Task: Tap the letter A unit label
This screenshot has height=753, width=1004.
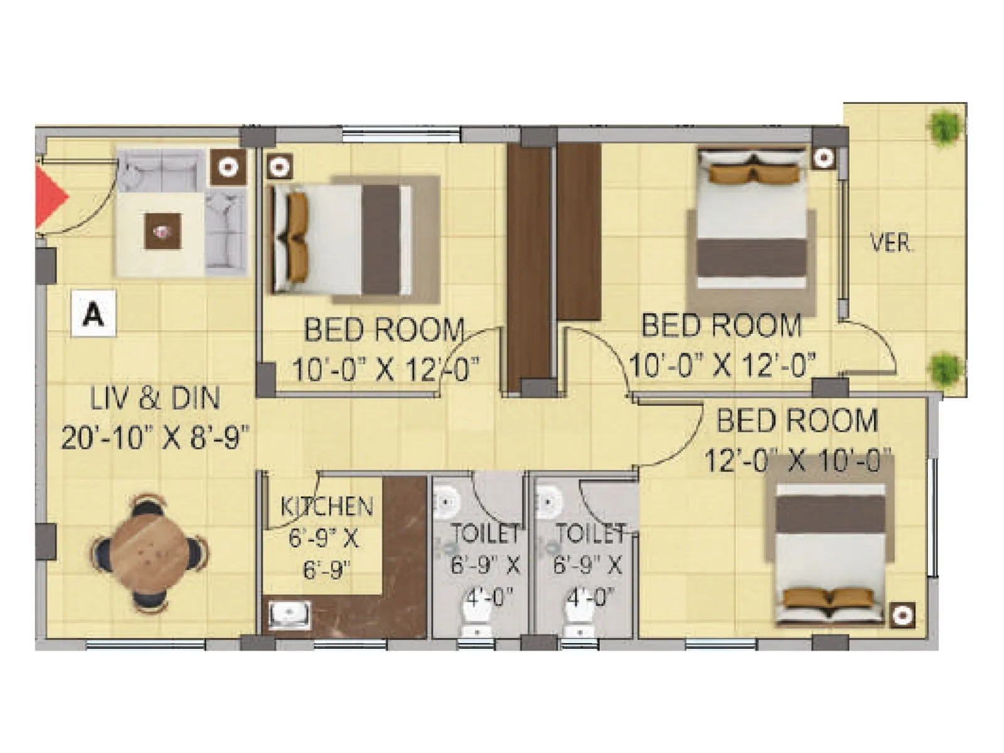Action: tap(93, 313)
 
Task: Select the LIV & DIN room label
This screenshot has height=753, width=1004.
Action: tap(155, 399)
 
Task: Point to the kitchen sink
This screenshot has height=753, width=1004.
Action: tap(290, 614)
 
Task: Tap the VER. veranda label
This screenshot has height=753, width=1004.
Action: tap(891, 243)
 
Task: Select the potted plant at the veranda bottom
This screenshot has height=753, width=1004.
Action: tap(944, 368)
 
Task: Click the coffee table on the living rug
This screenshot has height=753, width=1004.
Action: tap(164, 232)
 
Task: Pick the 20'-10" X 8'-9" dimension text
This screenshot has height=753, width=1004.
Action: tap(155, 437)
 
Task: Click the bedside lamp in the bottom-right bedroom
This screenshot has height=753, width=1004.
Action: tap(902, 615)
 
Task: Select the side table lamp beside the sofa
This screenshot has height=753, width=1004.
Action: tap(228, 167)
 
